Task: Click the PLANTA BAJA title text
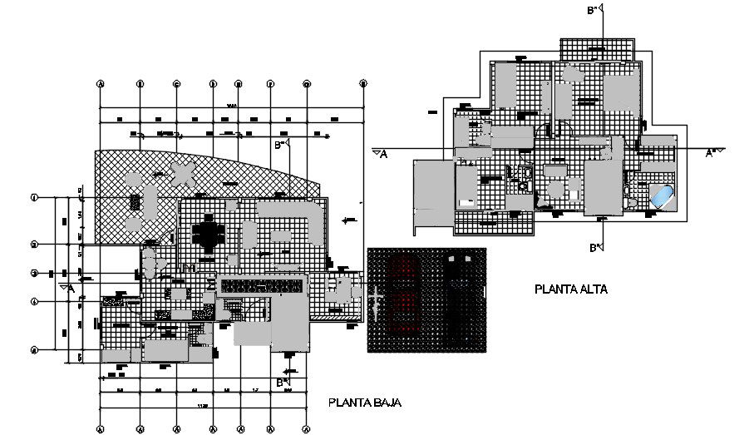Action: [x=365, y=403]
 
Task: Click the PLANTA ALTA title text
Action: [x=571, y=290]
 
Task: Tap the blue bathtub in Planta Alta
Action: [x=663, y=196]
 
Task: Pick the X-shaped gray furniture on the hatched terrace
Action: [x=182, y=175]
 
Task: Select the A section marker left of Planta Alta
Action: [x=380, y=152]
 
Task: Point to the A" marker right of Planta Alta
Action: [x=712, y=152]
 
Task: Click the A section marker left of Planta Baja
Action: [x=68, y=287]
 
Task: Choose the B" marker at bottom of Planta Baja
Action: [x=287, y=381]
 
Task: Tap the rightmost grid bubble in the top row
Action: [x=363, y=84]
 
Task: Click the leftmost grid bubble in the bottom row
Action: [x=100, y=429]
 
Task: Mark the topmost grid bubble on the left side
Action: [x=34, y=198]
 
